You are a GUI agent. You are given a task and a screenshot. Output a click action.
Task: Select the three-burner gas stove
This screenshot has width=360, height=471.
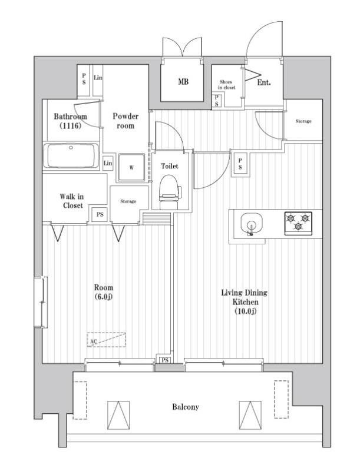tap(298, 223)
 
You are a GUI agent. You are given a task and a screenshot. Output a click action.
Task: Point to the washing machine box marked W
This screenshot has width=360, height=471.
tap(131, 167)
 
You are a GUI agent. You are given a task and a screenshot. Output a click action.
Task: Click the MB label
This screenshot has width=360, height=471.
tap(183, 82)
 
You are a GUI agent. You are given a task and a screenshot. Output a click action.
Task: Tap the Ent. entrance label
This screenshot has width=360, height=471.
tap(264, 83)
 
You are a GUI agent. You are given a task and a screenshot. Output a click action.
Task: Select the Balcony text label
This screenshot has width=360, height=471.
tap(186, 407)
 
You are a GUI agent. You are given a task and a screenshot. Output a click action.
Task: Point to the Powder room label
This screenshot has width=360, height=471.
tap(125, 121)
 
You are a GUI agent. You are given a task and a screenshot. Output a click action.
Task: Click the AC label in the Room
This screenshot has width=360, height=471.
tap(93, 341)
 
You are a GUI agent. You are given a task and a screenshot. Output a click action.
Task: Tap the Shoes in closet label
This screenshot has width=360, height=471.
tap(227, 84)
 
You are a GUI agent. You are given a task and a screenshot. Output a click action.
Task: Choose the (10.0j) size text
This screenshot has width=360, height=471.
tap(245, 311)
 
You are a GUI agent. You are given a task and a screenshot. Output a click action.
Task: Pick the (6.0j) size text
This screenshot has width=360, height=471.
tap(104, 296)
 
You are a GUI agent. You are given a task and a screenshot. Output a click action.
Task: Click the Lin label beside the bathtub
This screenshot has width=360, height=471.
tap(108, 163)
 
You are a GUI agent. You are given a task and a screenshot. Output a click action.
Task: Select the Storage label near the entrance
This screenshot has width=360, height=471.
tap(303, 121)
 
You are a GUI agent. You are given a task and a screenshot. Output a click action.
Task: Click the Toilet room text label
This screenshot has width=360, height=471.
tap(170, 166)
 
